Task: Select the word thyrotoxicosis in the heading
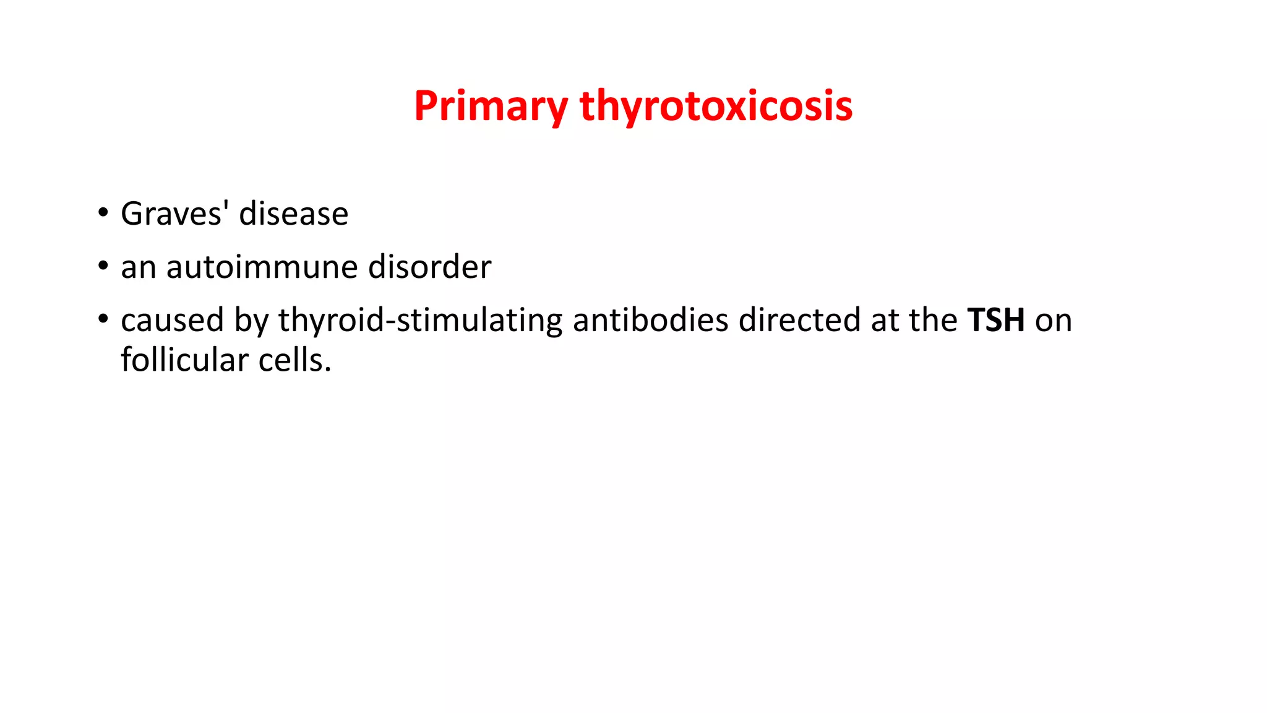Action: coord(716,106)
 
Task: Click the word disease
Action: coord(293,214)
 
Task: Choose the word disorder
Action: coord(429,267)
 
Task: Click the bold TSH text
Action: coord(996,321)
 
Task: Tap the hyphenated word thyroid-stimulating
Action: coord(420,321)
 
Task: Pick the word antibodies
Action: coord(650,321)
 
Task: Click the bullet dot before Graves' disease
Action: coord(102,213)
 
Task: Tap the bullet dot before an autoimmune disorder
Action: coord(102,266)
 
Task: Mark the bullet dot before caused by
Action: coord(102,319)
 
